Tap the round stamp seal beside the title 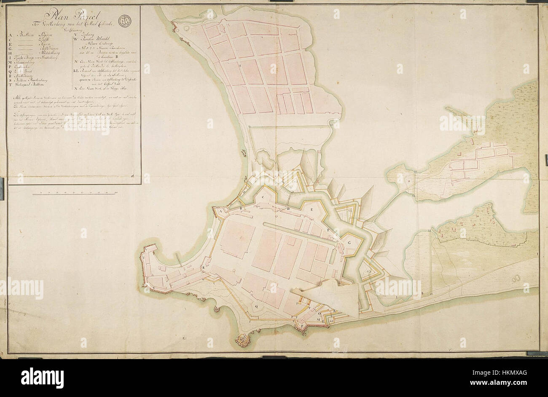(x=125, y=20)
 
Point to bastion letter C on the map (x=263, y=197)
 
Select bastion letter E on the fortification (x=312, y=209)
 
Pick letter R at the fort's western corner (x=203, y=268)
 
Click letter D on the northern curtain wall (x=288, y=209)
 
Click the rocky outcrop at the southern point (x=243, y=339)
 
